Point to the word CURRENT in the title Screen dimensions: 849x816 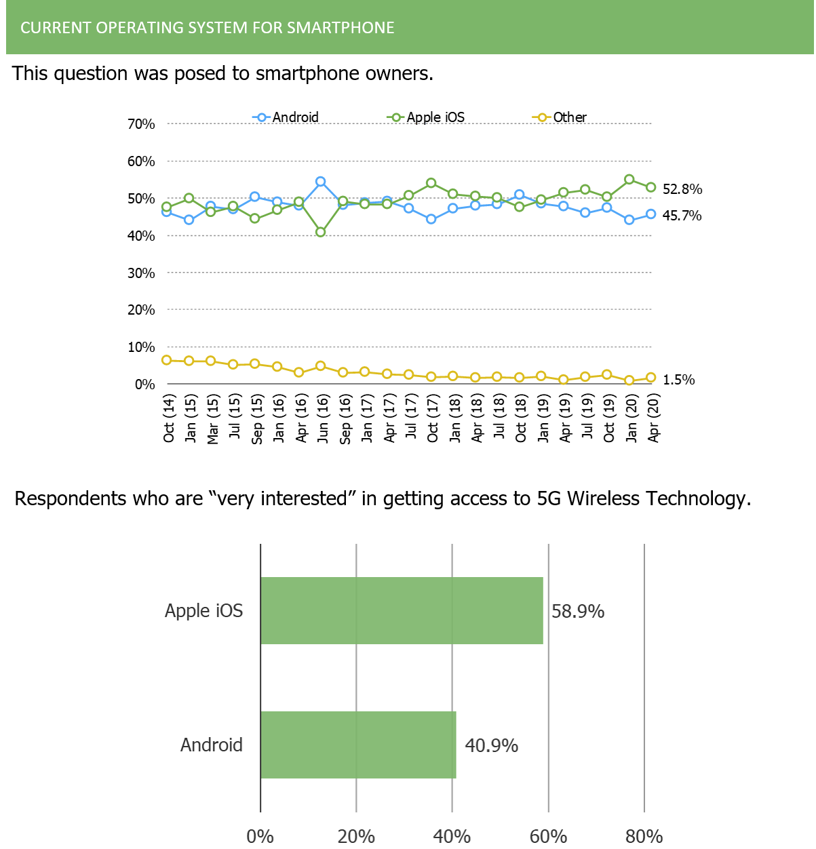[56, 28]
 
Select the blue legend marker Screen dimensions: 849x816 [262, 117]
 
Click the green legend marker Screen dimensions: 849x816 [396, 117]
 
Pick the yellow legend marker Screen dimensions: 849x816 [542, 117]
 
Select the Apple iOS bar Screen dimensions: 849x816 [402, 610]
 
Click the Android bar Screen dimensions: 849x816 [358, 745]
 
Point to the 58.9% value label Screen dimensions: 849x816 [577, 612]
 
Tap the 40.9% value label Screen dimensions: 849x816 [491, 746]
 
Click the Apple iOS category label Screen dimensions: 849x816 [203, 610]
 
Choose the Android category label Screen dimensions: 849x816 [212, 745]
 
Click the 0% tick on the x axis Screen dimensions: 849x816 [260, 836]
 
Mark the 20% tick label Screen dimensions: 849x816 [356, 836]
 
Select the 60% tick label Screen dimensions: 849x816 [548, 836]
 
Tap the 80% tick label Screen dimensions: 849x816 [644, 836]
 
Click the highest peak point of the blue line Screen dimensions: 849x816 [321, 181]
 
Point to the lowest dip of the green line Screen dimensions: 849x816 [321, 232]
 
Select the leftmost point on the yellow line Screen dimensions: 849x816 [166, 360]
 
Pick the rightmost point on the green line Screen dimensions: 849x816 [651, 187]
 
